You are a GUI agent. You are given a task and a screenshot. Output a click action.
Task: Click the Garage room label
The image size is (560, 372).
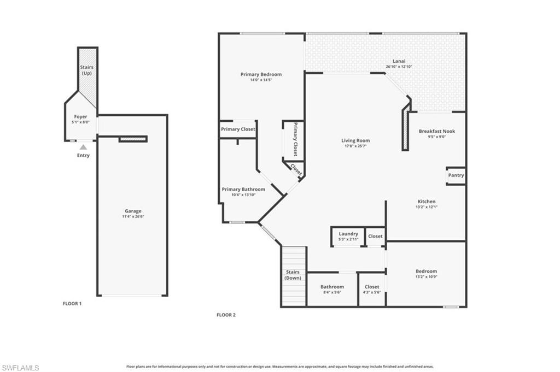[x=132, y=211]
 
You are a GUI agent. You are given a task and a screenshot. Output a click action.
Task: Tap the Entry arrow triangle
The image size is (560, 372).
[x=83, y=146]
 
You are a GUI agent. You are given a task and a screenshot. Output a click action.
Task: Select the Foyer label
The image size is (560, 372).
[x=81, y=116]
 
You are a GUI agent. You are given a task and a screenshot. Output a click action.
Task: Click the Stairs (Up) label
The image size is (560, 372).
[x=86, y=70]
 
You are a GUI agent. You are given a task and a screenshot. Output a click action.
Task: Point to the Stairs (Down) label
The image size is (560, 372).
[x=293, y=275]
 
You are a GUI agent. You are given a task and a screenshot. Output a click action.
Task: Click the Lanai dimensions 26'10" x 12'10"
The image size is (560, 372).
[x=399, y=67]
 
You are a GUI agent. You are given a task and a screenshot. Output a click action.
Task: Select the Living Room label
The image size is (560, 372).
[x=355, y=140]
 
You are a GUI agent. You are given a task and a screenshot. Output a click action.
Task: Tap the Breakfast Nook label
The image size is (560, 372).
[x=436, y=131]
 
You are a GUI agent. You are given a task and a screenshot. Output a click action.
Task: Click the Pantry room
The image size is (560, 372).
[x=456, y=175]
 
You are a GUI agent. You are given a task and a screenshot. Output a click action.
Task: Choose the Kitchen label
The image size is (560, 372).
[x=427, y=202]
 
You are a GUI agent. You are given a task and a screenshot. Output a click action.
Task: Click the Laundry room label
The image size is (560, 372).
[x=348, y=234]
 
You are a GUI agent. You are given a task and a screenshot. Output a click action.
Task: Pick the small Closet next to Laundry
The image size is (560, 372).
[x=376, y=237]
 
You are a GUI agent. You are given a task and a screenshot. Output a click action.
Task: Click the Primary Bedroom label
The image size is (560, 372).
[x=261, y=74]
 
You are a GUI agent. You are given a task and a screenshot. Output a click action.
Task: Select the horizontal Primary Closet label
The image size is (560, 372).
[x=238, y=129]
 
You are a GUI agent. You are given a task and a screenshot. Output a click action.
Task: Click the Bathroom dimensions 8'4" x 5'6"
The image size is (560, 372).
[x=332, y=293]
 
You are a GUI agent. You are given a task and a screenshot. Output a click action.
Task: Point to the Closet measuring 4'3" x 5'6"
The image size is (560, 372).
[x=372, y=290]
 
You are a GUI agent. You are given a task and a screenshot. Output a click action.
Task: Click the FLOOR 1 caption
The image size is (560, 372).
[x=72, y=303]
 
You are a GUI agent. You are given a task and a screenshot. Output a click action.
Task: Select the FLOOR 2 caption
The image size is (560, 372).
[x=226, y=315]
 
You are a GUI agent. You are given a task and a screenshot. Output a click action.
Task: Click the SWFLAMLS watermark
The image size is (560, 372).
[x=20, y=368]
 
